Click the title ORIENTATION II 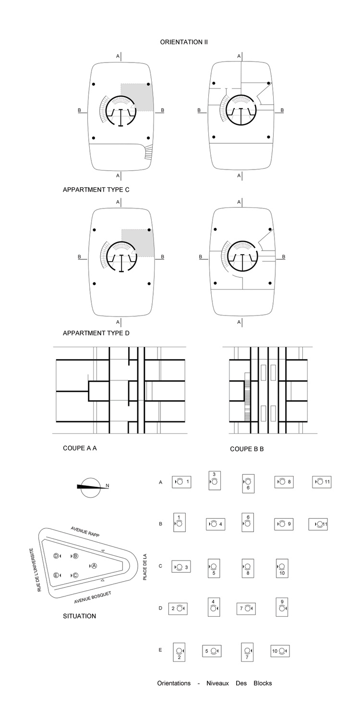click(x=184, y=42)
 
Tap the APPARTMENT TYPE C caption click(x=96, y=190)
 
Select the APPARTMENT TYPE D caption click(x=96, y=333)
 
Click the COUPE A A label click(x=80, y=448)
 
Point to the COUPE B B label click(x=247, y=449)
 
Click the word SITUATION click(x=80, y=616)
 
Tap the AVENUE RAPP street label click(x=85, y=532)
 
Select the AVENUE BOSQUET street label click(x=93, y=597)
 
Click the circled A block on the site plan click(x=94, y=566)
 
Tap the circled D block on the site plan click(x=56, y=556)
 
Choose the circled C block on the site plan click(x=75, y=575)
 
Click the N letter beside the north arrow click(x=107, y=486)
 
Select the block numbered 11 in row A click(x=322, y=482)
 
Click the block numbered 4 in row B click(x=216, y=524)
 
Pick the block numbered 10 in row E click(x=280, y=651)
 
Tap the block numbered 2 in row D click(x=178, y=609)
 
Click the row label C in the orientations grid click(x=160, y=566)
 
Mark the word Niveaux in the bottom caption click(x=217, y=683)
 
